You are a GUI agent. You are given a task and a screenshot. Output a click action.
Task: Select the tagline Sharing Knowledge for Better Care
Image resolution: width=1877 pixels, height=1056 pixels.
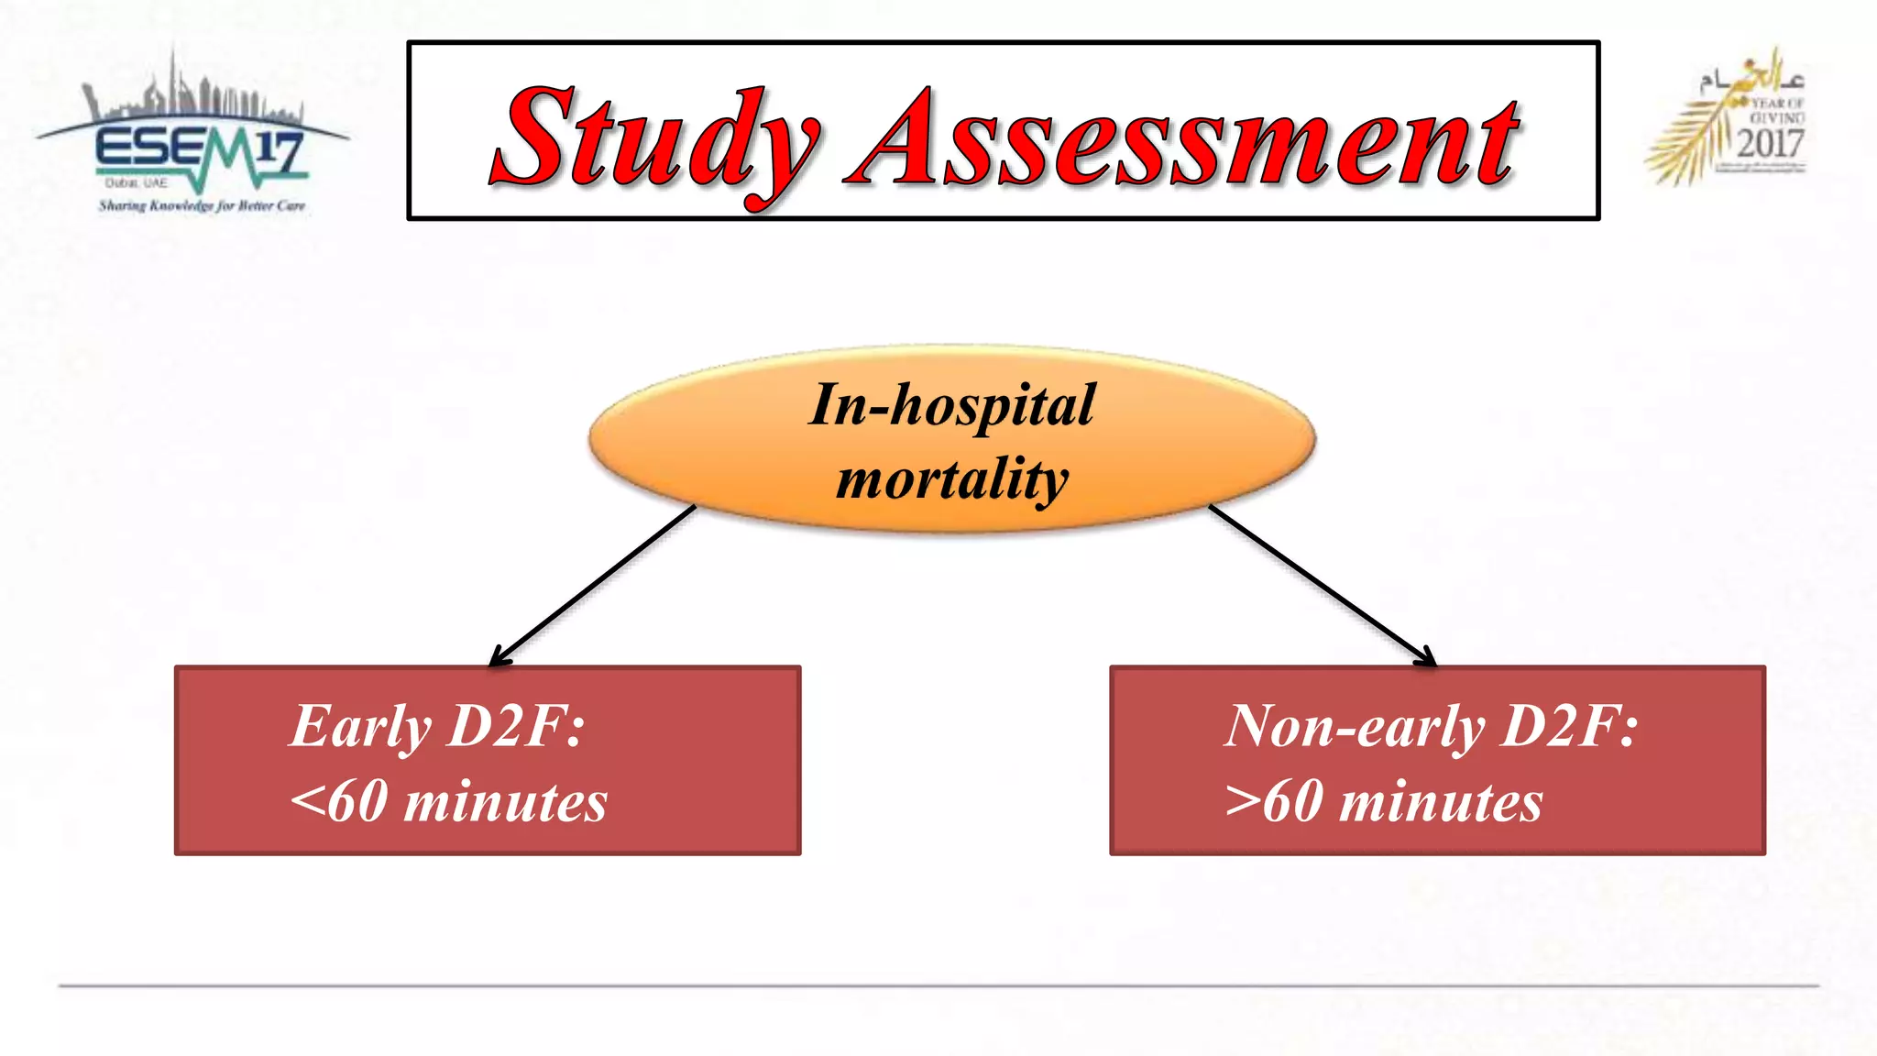[202, 205]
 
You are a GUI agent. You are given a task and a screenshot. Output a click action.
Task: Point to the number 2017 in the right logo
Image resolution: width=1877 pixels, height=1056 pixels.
[1770, 144]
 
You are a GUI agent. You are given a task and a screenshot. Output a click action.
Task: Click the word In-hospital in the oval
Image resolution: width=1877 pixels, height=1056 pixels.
[951, 404]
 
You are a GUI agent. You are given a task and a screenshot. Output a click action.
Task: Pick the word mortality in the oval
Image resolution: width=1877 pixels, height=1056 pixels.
[951, 478]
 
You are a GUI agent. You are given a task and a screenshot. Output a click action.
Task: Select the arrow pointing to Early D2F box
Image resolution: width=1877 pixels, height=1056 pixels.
[593, 585]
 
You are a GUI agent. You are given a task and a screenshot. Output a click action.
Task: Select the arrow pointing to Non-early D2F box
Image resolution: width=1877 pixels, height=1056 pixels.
[1323, 585]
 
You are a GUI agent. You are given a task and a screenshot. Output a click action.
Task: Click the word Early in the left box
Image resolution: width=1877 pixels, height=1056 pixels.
[360, 726]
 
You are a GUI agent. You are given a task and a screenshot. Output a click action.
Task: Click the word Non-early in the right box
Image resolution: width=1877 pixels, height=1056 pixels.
[1355, 726]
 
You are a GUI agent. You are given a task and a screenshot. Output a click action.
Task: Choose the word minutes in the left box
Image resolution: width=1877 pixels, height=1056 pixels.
[505, 801]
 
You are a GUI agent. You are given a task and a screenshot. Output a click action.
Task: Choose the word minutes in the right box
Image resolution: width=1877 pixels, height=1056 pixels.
[1441, 801]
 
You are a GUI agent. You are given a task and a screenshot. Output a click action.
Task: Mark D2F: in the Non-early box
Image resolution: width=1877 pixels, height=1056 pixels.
[1569, 726]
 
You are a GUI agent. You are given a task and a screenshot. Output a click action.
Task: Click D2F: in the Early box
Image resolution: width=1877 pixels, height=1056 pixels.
[516, 726]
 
